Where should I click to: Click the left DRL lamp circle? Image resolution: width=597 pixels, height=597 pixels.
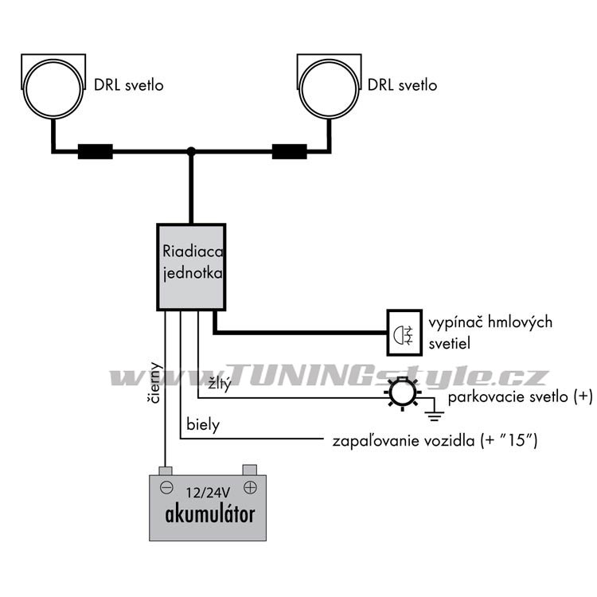coord(53,90)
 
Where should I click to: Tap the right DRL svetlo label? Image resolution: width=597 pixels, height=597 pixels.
coord(404,85)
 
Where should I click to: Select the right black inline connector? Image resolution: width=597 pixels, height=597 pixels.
coord(290,151)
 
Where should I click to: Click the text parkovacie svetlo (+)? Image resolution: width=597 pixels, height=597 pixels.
coord(520,397)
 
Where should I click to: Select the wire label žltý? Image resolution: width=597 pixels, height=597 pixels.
coord(219,384)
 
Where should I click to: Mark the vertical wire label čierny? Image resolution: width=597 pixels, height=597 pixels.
coord(155,386)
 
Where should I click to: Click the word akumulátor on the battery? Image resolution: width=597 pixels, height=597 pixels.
coord(209,513)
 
